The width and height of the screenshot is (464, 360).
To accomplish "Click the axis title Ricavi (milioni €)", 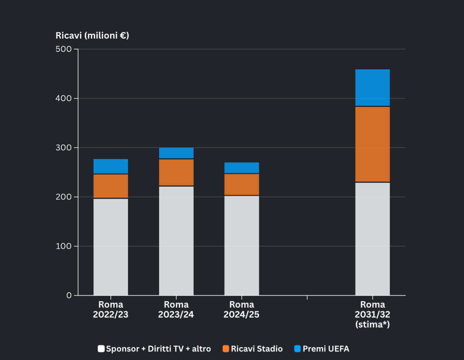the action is coord(92,36).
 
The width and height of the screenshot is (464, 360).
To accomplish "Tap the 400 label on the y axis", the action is coord(63,99).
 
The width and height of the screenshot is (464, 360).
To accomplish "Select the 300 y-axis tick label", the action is coord(63,148).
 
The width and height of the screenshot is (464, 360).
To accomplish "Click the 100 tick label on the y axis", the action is coord(63,246).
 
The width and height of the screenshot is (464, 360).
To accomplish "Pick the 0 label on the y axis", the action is coord(69,295).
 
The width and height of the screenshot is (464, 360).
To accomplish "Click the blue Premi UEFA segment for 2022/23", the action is coord(111,166).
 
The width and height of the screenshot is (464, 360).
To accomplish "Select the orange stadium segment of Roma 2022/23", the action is coord(111,186).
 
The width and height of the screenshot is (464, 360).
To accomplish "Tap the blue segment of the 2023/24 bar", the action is coord(176,153).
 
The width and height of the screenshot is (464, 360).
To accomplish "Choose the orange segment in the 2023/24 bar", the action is coord(176,172).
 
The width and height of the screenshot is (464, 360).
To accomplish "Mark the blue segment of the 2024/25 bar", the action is coord(242,168).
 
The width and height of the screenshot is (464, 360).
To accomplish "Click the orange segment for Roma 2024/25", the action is coord(242,184).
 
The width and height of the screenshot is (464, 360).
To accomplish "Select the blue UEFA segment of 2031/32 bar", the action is coord(373,87).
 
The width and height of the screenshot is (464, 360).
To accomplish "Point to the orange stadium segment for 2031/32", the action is coord(373,144).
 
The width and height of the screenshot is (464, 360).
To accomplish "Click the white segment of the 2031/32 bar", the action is coord(373,239).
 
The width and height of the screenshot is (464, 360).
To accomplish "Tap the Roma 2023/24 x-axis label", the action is coord(176,310).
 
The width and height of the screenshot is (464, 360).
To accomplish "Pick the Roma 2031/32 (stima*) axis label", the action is coord(373,314).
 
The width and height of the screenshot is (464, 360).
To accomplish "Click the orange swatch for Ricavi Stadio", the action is coord(226,349).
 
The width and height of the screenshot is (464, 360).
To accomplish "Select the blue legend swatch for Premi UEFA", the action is coord(297,349).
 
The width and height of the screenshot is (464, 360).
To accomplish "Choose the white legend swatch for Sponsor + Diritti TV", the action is coord(101,349).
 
